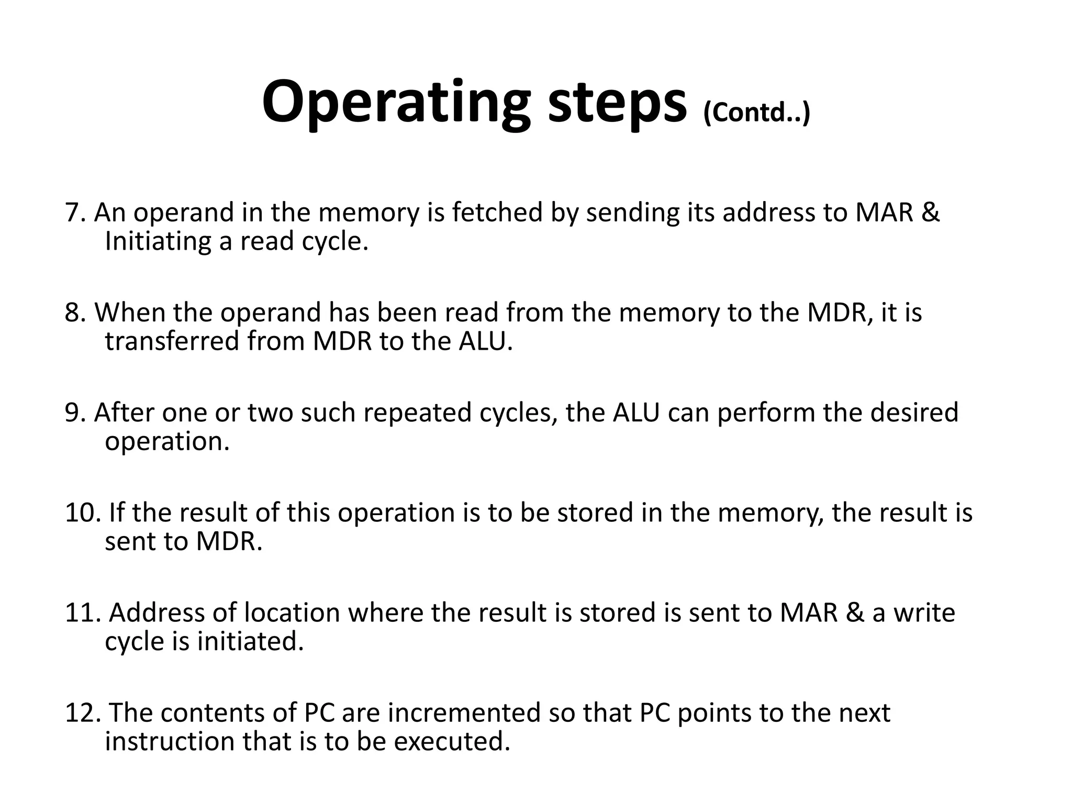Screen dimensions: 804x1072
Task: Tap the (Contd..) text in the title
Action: pyautogui.click(x=756, y=111)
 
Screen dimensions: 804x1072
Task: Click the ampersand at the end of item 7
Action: pyautogui.click(x=930, y=213)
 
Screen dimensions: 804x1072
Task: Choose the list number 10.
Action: pyautogui.click(x=82, y=512)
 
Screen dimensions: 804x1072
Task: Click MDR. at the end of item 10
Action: pyautogui.click(x=229, y=541)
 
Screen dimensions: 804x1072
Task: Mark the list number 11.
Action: pyautogui.click(x=82, y=612)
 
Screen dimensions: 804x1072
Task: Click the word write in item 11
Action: pyautogui.click(x=924, y=612)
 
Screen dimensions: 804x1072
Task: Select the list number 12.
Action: pyautogui.click(x=82, y=712)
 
